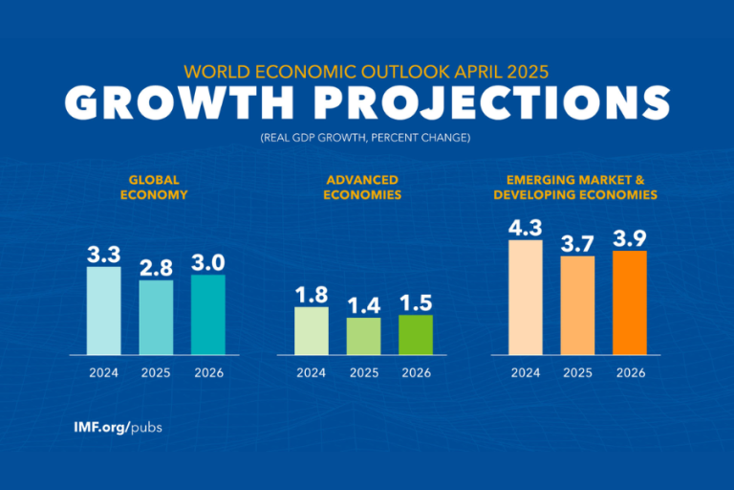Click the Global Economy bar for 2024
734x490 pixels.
[x=104, y=310]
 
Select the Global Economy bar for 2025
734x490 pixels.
[x=156, y=317]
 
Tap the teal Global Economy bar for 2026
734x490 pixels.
[x=208, y=314]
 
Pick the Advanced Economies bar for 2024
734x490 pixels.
[x=312, y=330]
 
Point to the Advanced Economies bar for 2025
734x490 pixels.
[x=363, y=336]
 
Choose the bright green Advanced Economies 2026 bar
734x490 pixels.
[x=416, y=334]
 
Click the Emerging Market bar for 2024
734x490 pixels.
[x=525, y=297]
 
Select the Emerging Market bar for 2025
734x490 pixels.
[x=577, y=305]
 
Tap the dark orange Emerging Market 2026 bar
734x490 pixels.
[x=629, y=302]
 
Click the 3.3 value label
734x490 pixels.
[x=104, y=255]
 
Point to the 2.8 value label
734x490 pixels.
[x=156, y=268]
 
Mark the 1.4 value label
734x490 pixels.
[x=363, y=305]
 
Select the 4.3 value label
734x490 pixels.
[x=525, y=228]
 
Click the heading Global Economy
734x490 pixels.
[x=157, y=187]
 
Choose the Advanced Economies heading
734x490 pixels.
[x=363, y=187]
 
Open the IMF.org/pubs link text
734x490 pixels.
[x=118, y=427]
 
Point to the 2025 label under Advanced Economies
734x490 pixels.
[x=363, y=373]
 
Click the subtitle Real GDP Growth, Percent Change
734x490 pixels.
[x=367, y=139]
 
